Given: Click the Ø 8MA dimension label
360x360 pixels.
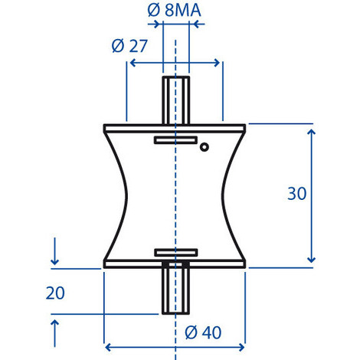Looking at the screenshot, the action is pos(175,11).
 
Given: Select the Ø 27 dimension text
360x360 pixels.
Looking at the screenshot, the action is pos(129,46).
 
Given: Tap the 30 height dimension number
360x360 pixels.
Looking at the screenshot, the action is pos(296,194).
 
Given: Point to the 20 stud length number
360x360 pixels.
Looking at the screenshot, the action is pos(55,293).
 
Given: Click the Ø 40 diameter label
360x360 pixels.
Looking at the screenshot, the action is pos(203,332).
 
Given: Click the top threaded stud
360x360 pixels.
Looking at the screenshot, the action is pos(176,100).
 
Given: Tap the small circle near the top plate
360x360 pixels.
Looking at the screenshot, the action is pos(205,147).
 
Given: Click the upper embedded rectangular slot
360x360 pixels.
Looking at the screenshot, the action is pos(175,140).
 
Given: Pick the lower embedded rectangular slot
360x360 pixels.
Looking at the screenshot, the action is pos(176,252).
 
